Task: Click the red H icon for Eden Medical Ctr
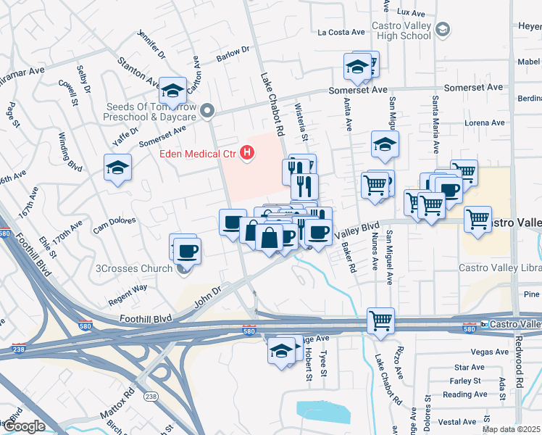[x=248, y=152]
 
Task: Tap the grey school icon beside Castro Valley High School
[x=443, y=30]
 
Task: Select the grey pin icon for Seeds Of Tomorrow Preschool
[x=208, y=111]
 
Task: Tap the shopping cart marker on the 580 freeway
[x=380, y=320]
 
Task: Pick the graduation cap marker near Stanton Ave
[x=172, y=91]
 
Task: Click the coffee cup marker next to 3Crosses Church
[x=187, y=251]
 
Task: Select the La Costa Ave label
[x=341, y=32]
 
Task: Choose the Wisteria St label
[x=302, y=123]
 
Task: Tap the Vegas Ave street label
[x=491, y=352]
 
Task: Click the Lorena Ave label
[x=485, y=123]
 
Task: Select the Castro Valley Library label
[x=501, y=268]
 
